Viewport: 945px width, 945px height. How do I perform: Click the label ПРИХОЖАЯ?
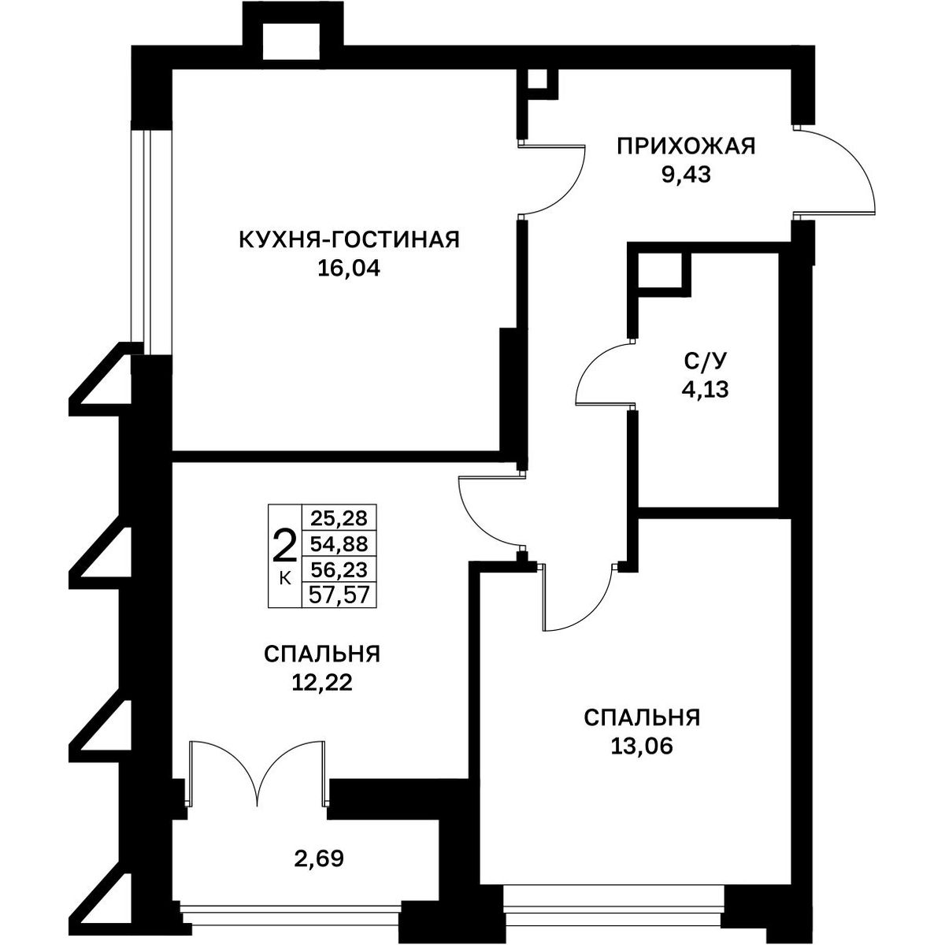(x=686, y=146)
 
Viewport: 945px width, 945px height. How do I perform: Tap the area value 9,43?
(x=686, y=175)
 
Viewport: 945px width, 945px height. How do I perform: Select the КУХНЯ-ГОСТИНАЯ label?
(x=349, y=240)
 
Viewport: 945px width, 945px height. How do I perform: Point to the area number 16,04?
(x=349, y=269)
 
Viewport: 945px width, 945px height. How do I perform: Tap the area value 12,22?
(x=322, y=682)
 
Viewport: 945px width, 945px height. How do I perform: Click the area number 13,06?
(x=642, y=746)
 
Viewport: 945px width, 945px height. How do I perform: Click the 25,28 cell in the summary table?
(x=339, y=518)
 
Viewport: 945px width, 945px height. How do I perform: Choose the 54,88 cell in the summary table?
(x=339, y=544)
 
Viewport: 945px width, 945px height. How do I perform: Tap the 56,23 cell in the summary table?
(x=339, y=570)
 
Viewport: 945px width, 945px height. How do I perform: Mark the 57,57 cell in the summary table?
(x=339, y=595)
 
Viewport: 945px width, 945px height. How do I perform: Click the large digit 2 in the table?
(x=284, y=547)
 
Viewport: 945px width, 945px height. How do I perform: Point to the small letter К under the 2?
(x=284, y=579)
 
